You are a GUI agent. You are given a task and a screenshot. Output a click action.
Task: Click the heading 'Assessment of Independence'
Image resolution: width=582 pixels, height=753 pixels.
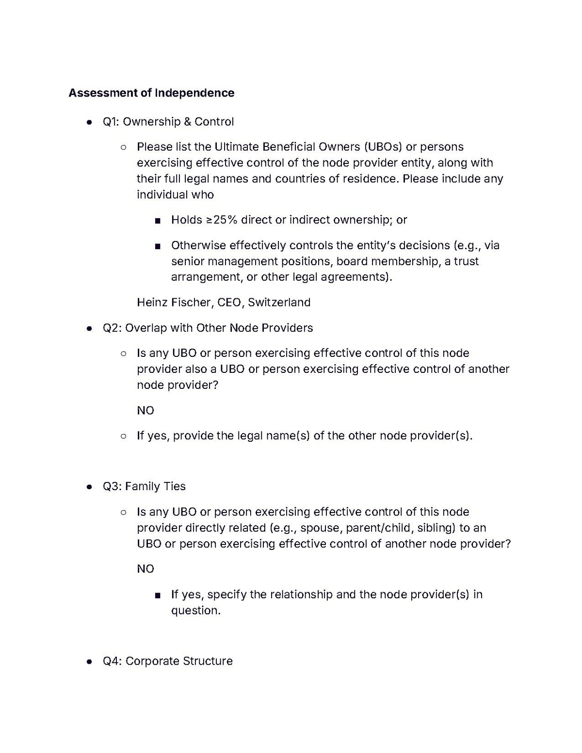(151, 93)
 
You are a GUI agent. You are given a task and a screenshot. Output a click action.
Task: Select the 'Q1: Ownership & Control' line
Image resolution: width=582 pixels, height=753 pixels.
(168, 122)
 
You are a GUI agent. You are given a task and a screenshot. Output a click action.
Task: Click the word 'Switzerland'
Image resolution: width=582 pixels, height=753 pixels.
(279, 303)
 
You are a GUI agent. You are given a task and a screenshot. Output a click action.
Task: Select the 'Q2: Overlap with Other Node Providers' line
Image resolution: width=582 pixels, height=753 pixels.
(208, 328)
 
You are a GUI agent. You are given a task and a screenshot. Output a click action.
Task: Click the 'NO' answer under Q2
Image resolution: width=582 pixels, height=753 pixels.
(145, 411)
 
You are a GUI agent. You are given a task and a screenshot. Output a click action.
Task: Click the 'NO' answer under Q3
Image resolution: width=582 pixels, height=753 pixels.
(145, 569)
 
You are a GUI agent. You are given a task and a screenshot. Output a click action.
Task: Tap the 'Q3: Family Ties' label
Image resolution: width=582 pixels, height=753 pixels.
(144, 486)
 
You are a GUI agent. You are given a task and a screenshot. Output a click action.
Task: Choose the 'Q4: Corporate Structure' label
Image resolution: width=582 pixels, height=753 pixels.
(167, 661)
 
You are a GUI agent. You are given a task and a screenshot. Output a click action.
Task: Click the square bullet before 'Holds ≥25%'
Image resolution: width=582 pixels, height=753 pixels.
(157, 221)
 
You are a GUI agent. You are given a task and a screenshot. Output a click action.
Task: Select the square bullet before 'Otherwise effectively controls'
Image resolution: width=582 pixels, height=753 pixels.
(157, 246)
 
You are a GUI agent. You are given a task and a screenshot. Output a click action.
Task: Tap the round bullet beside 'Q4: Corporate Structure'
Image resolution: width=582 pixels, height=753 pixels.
(89, 662)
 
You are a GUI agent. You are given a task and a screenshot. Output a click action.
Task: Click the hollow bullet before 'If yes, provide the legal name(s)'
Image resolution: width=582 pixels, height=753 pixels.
(124, 436)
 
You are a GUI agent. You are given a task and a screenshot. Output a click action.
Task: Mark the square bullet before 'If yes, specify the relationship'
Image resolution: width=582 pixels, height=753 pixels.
(157, 595)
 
